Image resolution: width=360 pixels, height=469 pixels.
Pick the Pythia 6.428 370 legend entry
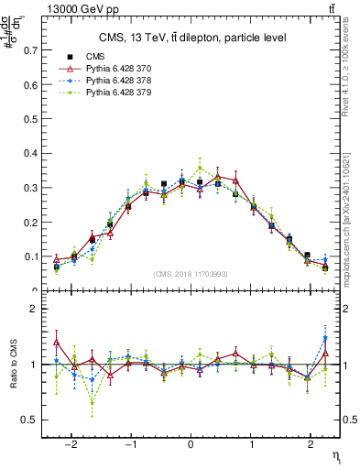pyautogui.click(x=110, y=69)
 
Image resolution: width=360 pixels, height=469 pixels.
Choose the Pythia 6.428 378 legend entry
pyautogui.click(x=110, y=81)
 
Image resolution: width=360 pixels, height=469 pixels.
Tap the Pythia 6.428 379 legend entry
pyautogui.click(x=110, y=93)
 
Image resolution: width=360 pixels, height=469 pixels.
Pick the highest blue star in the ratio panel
pyautogui.click(x=325, y=338)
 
